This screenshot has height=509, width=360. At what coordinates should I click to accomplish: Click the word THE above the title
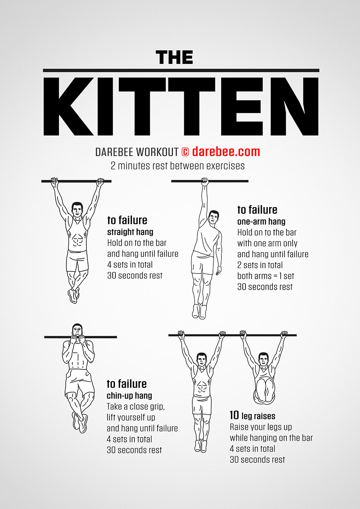(174, 58)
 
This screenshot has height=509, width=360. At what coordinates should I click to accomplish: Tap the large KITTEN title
(181, 106)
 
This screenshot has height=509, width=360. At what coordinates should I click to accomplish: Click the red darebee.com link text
(226, 151)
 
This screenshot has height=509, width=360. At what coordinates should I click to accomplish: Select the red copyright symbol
(185, 152)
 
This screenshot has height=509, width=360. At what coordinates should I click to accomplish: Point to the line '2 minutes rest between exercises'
(178, 166)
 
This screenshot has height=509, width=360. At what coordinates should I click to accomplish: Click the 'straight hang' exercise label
(130, 232)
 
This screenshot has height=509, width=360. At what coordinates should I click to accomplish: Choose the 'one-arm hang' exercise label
(261, 222)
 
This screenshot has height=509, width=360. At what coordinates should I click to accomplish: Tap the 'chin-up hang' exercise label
(129, 396)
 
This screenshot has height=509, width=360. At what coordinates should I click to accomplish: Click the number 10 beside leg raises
(234, 415)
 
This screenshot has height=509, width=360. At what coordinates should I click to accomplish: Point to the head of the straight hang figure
(77, 209)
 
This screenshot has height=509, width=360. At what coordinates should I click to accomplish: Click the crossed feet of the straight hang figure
(74, 295)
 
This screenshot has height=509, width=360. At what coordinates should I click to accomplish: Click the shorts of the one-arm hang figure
(202, 263)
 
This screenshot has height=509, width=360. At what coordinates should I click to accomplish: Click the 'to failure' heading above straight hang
(127, 220)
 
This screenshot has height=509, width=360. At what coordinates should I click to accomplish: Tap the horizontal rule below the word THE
(181, 70)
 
